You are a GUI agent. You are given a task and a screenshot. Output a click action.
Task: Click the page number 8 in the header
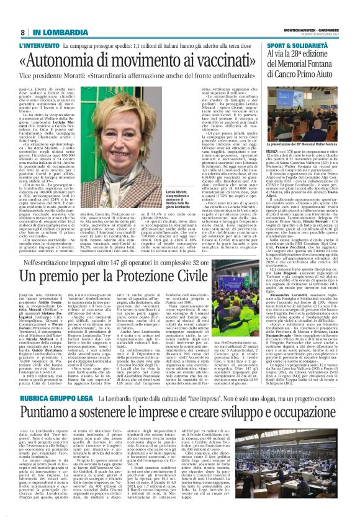(x=23, y=32)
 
